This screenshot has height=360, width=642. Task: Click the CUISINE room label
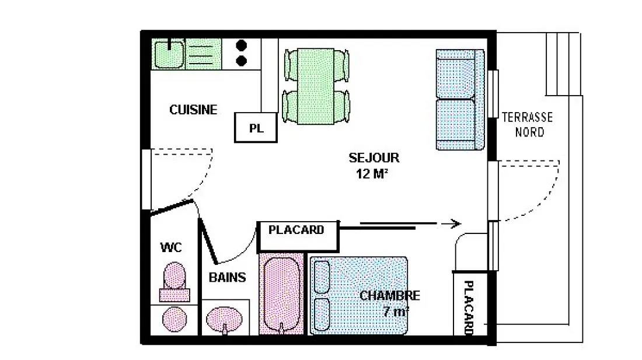coord(193,110)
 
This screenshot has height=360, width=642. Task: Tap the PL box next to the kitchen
coord(256,128)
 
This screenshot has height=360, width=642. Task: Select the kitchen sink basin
coord(168,54)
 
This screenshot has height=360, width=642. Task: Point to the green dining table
coord(316,86)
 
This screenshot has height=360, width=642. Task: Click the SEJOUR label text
coord(374,158)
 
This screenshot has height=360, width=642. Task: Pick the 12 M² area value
coord(372,174)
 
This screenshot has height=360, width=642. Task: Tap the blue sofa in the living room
coord(460,100)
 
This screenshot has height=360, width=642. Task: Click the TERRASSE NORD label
coord(528,124)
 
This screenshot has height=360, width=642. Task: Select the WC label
coord(171,247)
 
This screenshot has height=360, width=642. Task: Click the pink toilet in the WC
coord(175,281)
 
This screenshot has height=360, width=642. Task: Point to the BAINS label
coord(227,277)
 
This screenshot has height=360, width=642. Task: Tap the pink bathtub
coord(282,293)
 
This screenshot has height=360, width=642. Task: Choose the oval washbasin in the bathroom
coord(224,318)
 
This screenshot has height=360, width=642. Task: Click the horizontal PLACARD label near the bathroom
coord(296,230)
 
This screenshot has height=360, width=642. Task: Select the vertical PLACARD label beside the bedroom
coord(469,307)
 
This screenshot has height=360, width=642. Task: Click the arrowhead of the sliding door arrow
coord(456,223)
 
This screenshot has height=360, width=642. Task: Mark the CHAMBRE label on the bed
coord(390,295)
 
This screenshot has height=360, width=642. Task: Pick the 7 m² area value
coord(396,312)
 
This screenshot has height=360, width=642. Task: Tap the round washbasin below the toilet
coord(175,320)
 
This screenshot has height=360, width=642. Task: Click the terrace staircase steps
coord(563,64)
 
